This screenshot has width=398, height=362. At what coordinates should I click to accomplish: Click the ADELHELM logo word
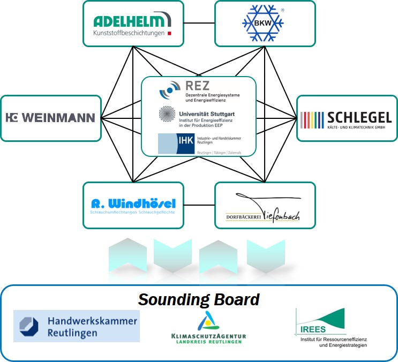(129, 21)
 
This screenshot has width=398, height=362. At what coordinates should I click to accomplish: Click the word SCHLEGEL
(361, 117)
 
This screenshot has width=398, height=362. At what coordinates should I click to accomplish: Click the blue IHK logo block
(176, 143)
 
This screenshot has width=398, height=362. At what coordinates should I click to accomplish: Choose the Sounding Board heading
(199, 299)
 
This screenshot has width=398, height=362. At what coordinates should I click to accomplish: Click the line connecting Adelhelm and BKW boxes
(199, 23)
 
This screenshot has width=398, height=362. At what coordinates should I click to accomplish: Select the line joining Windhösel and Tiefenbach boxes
(199, 204)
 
